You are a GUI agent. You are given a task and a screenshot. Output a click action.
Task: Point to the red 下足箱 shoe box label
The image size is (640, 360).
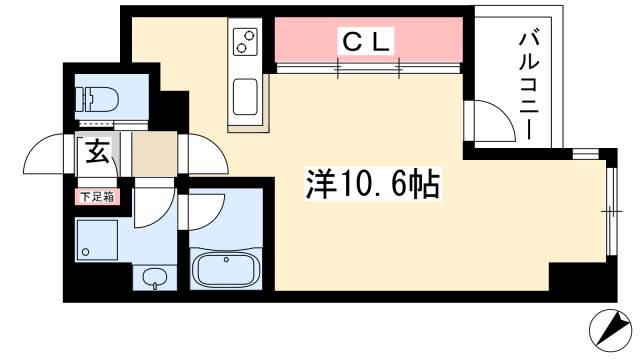point(98,196)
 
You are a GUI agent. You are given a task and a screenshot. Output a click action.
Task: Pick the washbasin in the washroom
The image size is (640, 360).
point(154,277)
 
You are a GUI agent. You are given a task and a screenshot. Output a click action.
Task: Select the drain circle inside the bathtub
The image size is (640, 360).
point(229,262)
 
